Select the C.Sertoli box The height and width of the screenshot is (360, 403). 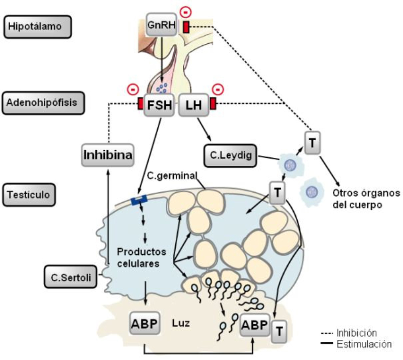pyautogui.click(x=70, y=276)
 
